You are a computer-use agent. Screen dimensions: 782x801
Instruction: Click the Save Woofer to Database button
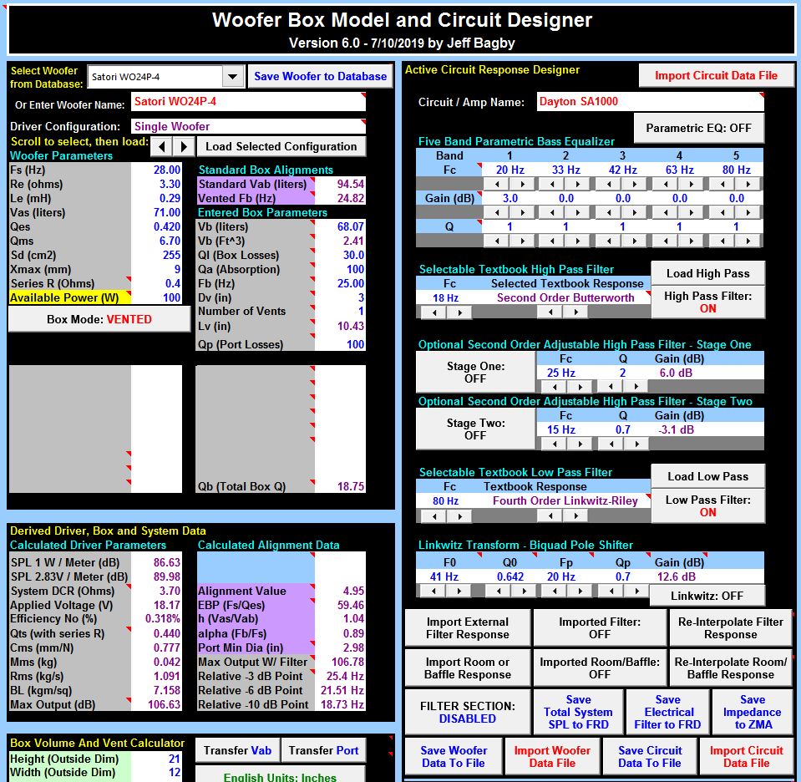pyautogui.click(x=320, y=76)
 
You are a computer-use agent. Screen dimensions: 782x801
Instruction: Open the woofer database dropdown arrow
pyautogui.click(x=232, y=77)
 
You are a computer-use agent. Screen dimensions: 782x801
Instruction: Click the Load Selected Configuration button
pyautogui.click(x=281, y=146)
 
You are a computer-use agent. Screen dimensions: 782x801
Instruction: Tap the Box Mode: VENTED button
pyautogui.click(x=99, y=319)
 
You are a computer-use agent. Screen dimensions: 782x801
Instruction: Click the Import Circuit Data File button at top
pyautogui.click(x=716, y=75)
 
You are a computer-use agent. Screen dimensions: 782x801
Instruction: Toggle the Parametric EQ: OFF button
pyautogui.click(x=698, y=129)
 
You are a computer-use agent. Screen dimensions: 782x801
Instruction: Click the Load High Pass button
pyautogui.click(x=707, y=273)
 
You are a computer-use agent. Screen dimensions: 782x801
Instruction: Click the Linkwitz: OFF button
pyautogui.click(x=707, y=595)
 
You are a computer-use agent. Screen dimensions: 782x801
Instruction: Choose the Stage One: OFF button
pyautogui.click(x=474, y=372)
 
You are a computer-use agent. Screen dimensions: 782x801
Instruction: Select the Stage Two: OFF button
pyautogui.click(x=474, y=429)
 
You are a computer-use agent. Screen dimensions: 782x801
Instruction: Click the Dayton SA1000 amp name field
pyautogui.click(x=648, y=102)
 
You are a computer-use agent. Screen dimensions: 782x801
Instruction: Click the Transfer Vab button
pyautogui.click(x=237, y=750)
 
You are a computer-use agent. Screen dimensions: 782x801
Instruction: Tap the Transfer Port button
pyautogui.click(x=323, y=750)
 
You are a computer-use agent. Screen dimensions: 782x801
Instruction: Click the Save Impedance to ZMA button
pyautogui.click(x=752, y=712)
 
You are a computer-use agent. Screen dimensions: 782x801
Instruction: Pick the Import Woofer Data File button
pyautogui.click(x=552, y=756)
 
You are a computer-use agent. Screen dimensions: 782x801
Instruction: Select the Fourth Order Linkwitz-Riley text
pyautogui.click(x=565, y=500)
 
